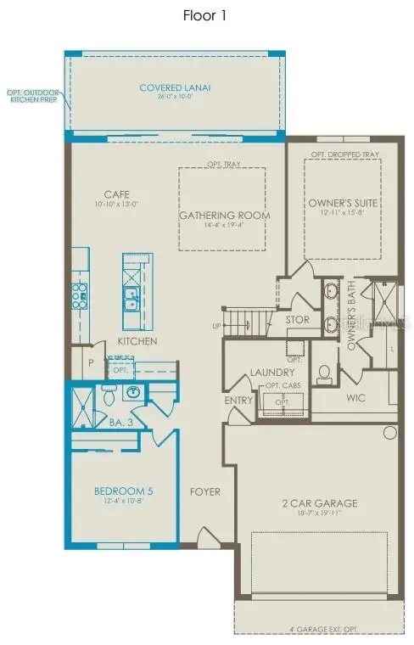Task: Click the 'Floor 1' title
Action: [x=204, y=15]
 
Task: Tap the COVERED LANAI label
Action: [x=175, y=87]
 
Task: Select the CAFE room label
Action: [x=115, y=193]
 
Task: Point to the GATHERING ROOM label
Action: [x=224, y=216]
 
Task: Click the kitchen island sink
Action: [x=131, y=298]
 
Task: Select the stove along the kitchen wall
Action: [x=80, y=296]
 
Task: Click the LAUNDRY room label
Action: [x=271, y=373]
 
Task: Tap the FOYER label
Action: [x=205, y=491]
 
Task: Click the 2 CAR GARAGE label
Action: [x=319, y=503]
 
